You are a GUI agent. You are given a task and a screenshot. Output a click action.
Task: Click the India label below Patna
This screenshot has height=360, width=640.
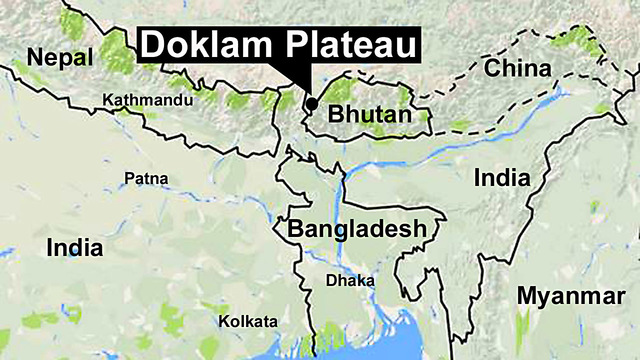[74, 247]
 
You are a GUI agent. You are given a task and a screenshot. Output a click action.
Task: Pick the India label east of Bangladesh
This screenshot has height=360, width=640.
[502, 178]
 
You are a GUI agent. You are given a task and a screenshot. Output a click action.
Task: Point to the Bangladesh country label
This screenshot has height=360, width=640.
[357, 229]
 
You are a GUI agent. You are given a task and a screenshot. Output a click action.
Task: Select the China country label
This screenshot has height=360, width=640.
[517, 69]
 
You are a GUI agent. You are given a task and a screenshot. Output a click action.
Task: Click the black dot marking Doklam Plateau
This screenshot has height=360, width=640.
[311, 103]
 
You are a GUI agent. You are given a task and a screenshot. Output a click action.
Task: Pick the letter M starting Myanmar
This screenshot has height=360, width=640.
[528, 296]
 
